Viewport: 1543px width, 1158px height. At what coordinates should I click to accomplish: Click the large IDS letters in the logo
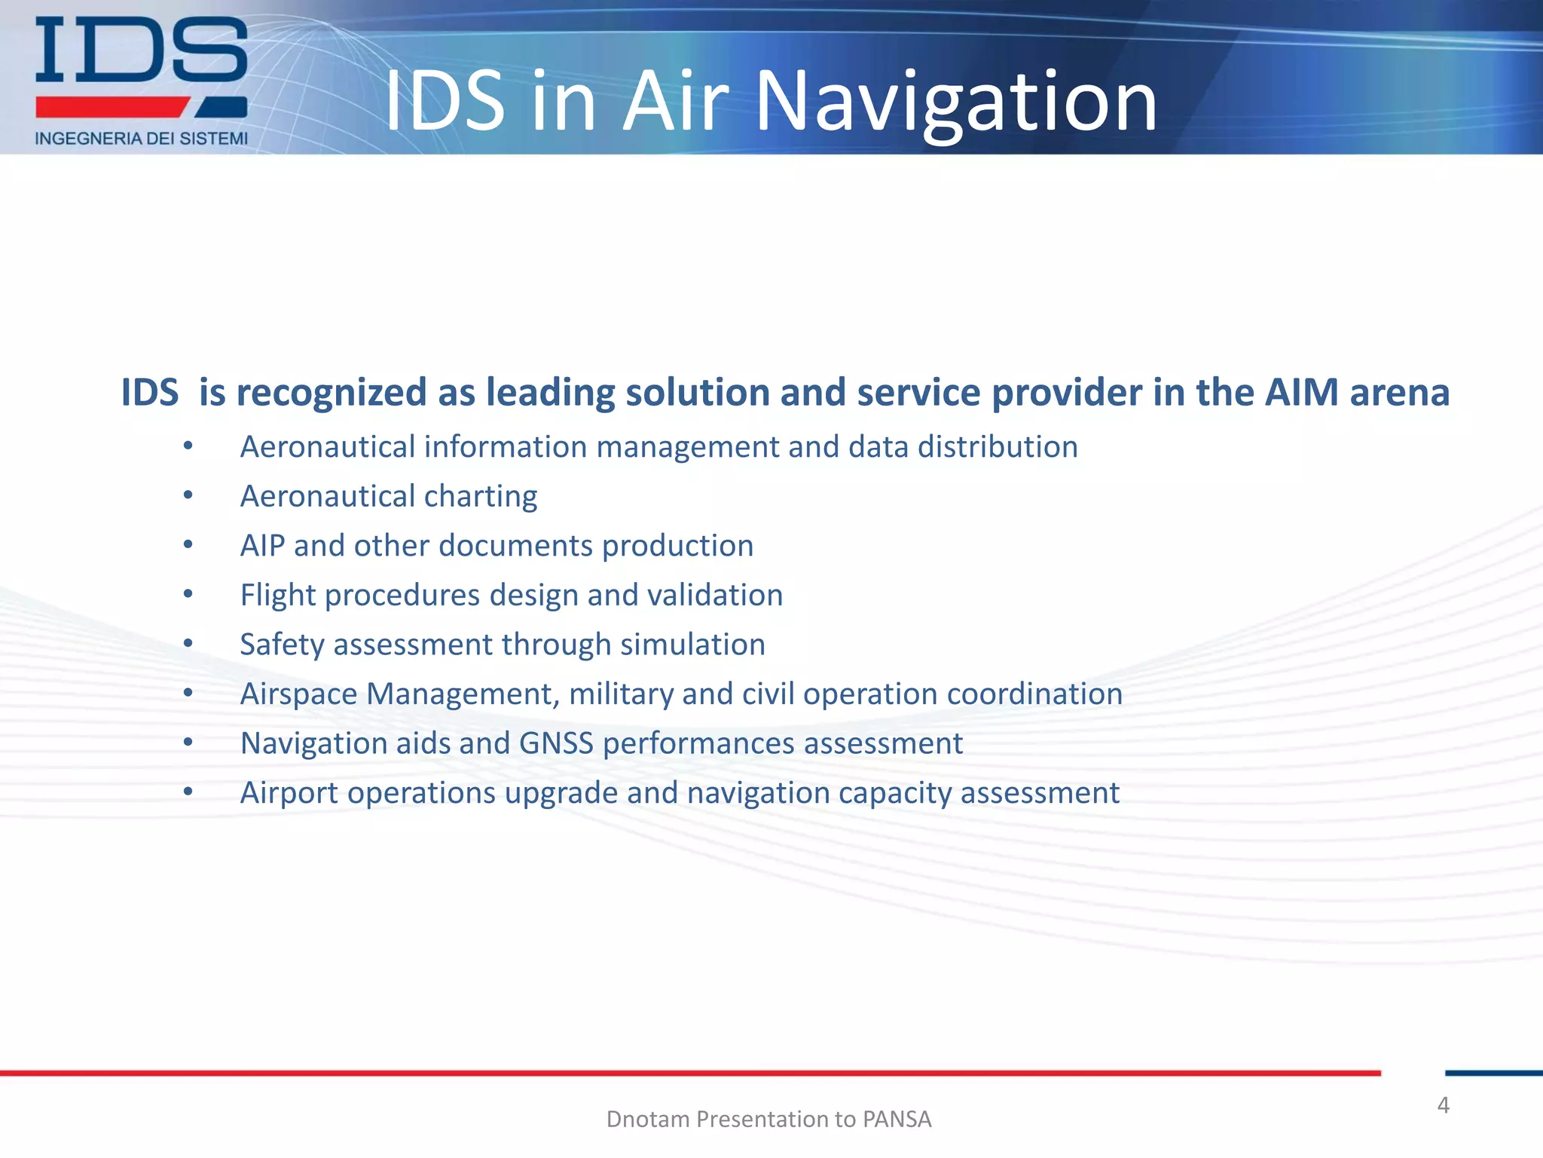pyautogui.click(x=141, y=51)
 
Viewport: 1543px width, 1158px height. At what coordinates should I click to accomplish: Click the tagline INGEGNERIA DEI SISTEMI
pyautogui.click(x=141, y=139)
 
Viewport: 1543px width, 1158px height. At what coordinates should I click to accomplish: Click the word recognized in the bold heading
pyautogui.click(x=332, y=393)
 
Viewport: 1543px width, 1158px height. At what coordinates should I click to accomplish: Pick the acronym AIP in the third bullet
pyautogui.click(x=261, y=546)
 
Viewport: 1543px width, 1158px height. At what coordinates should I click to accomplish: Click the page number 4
pyautogui.click(x=1443, y=1105)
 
